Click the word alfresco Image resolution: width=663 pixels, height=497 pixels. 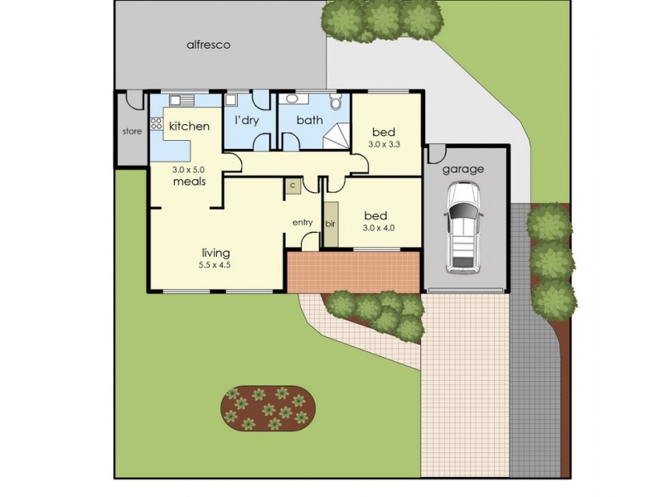tap(208, 45)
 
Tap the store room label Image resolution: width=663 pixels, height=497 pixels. tap(133, 131)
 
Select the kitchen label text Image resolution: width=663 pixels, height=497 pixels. tap(189, 127)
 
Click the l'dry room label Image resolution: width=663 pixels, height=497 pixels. tap(247, 121)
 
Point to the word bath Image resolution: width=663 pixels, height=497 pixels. tap(309, 121)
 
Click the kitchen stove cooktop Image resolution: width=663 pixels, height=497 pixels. tap(156, 127)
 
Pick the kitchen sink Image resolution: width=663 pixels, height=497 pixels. tap(182, 100)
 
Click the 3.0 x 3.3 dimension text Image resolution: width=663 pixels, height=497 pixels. tap(384, 144)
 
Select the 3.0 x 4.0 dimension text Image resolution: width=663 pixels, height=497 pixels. tap(379, 227)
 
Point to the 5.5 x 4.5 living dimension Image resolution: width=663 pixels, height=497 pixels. tap(214, 265)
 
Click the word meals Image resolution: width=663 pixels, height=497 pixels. tap(189, 181)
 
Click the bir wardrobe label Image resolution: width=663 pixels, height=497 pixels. tap(330, 224)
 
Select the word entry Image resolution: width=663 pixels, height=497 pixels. tap(302, 222)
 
